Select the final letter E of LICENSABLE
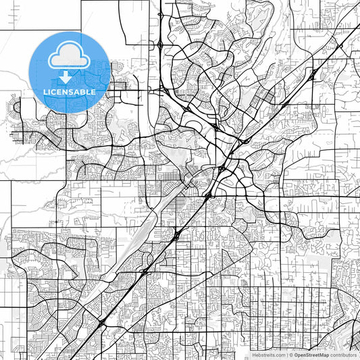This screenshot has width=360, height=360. (93, 91)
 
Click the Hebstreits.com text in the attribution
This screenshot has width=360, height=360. (269, 355)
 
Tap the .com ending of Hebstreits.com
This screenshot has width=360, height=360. (280, 355)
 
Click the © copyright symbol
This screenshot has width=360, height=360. (291, 355)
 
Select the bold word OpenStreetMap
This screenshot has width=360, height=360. (311, 355)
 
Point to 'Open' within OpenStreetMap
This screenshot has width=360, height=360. (300, 355)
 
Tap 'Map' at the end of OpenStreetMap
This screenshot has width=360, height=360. (324, 355)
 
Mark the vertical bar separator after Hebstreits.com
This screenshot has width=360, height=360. (287, 355)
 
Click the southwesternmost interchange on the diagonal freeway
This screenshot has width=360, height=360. (101, 325)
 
